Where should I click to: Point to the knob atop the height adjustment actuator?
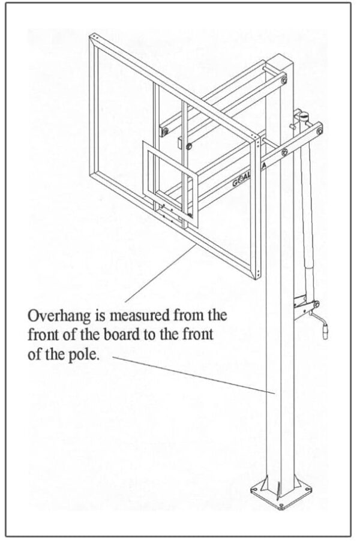click(304, 113)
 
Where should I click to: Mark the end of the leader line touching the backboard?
click(196, 245)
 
